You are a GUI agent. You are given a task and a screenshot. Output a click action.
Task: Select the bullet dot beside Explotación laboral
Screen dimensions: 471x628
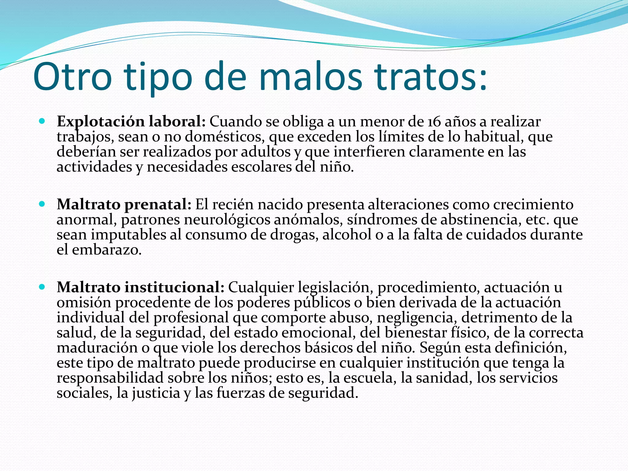point(42,121)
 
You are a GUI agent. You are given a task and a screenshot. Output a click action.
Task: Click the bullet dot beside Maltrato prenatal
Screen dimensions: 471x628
point(42,204)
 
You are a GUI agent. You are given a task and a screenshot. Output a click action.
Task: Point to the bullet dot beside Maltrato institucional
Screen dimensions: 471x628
point(42,287)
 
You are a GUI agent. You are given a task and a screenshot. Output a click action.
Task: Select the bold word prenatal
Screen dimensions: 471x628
point(158,205)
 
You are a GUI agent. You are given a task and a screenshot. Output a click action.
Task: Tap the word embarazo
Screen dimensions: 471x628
point(107,250)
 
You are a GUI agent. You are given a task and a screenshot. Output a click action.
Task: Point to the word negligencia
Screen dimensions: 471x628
point(417,318)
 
